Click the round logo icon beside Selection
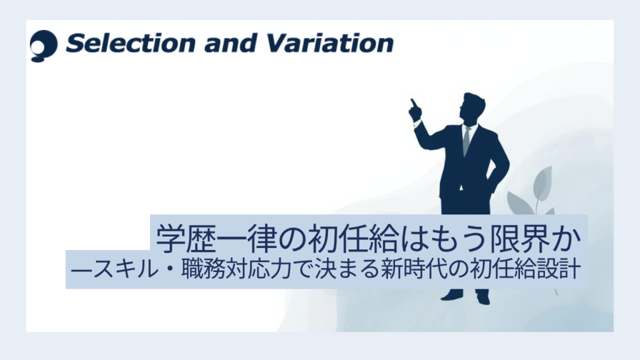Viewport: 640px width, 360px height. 44,46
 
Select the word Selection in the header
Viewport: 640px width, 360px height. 131,43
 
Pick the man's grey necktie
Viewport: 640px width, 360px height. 466,141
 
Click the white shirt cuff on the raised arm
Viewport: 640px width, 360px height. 417,123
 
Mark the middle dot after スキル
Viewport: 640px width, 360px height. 169,270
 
